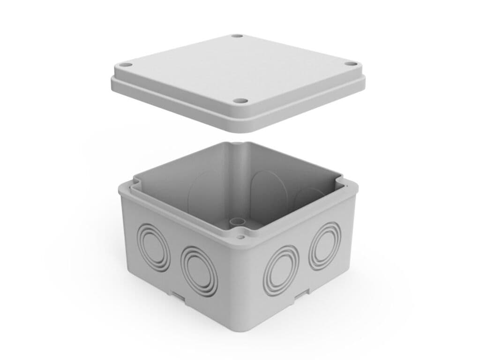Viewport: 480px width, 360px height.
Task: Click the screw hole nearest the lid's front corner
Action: click(x=240, y=100)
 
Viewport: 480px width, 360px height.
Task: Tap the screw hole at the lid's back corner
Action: click(x=237, y=36)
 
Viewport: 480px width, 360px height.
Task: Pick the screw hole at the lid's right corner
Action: click(x=351, y=64)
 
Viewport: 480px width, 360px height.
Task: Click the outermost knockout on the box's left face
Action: click(x=154, y=247)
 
